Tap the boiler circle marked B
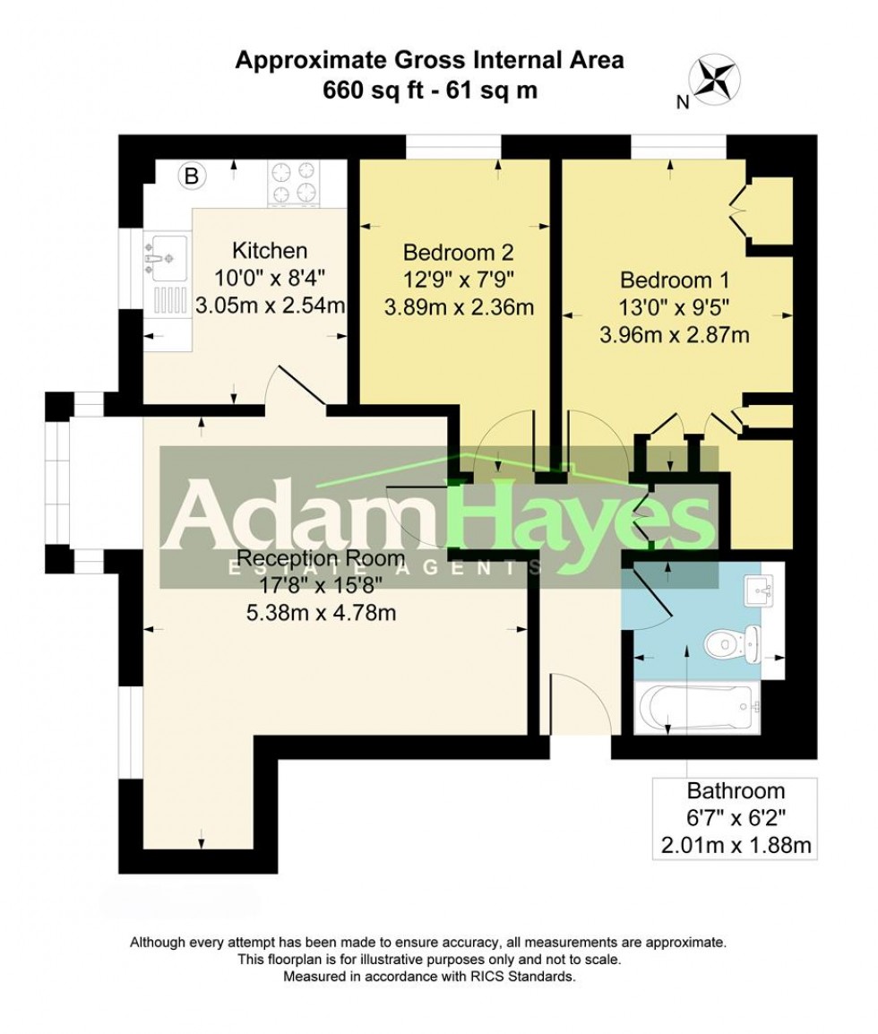pos(190,177)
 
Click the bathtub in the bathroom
pos(696,709)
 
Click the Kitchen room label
pos(270,251)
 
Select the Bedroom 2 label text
pos(458,251)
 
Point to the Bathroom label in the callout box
pos(735,790)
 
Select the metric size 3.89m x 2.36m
pos(459,307)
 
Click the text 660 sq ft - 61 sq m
pos(429,90)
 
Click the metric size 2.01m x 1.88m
pos(735,844)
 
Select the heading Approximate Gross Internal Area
pos(429,61)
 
